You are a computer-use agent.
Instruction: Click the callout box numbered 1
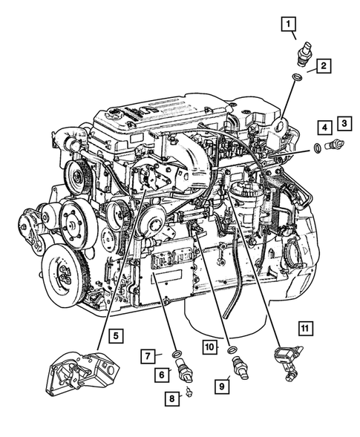point(287,24)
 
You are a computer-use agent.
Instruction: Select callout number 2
point(324,68)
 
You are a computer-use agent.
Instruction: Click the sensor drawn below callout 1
point(303,56)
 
